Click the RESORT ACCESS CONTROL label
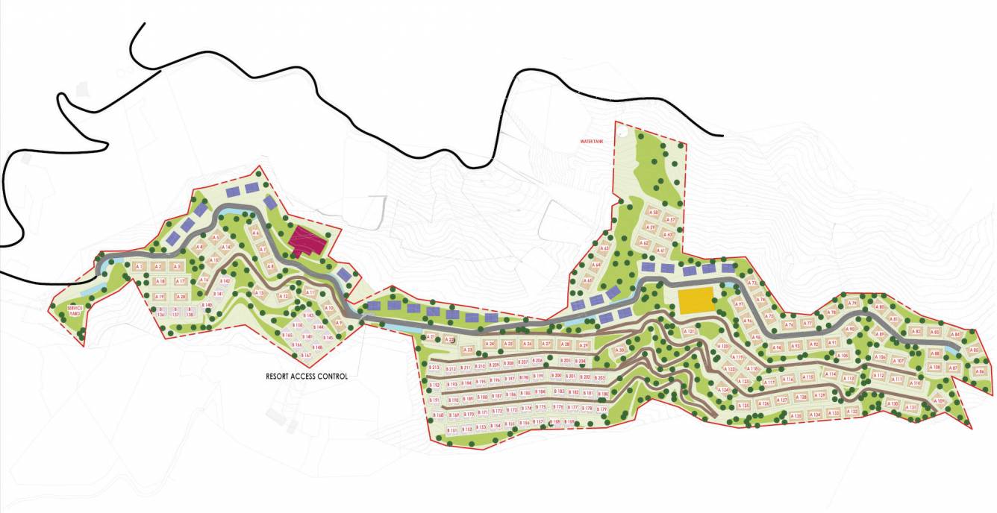click(x=307, y=377)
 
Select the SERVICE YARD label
click(x=75, y=310)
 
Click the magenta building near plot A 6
click(x=308, y=242)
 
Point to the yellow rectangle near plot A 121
click(x=696, y=301)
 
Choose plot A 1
click(x=139, y=266)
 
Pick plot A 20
click(x=179, y=297)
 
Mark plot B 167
click(x=306, y=356)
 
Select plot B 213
click(x=436, y=368)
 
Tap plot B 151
click(x=451, y=431)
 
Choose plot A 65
click(x=588, y=281)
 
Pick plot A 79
click(x=853, y=303)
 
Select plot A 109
click(x=940, y=401)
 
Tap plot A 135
click(x=798, y=415)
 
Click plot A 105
click(x=844, y=356)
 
